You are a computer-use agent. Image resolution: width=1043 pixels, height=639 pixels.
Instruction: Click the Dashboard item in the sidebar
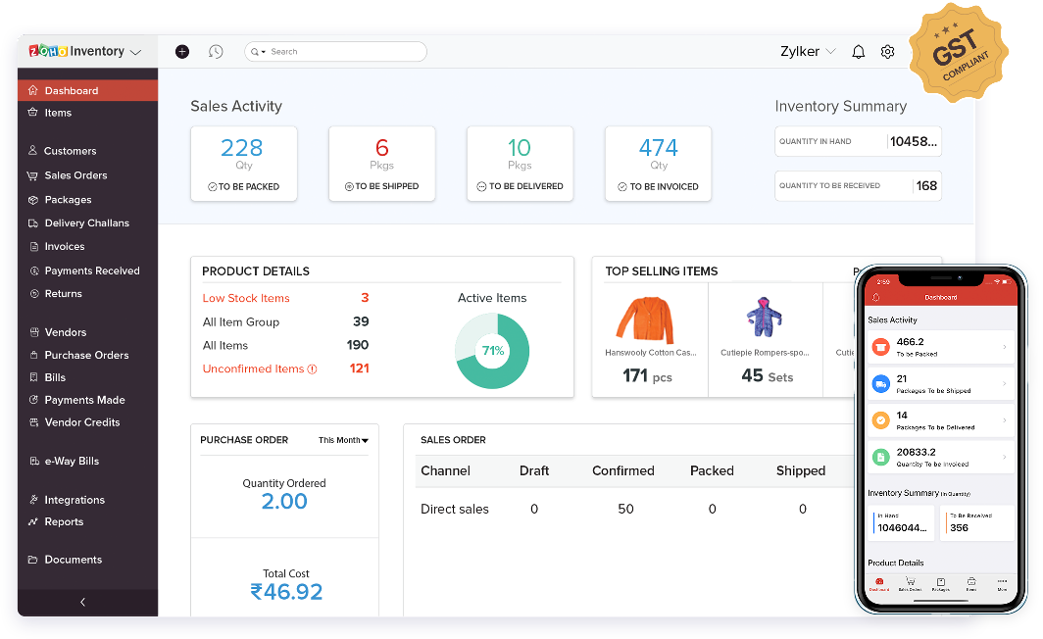71,90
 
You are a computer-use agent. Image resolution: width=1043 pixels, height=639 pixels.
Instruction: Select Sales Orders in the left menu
75,175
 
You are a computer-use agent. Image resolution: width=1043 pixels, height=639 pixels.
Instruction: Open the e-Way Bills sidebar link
72,461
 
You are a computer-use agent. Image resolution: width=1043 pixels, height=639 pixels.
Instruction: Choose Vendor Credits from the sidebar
81,422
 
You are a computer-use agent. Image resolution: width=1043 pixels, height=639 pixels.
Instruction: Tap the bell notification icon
859,52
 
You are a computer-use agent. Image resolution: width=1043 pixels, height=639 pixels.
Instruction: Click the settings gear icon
887,52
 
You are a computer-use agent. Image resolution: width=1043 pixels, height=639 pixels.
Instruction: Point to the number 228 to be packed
241,148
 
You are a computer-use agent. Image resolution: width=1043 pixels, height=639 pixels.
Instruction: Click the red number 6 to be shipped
382,148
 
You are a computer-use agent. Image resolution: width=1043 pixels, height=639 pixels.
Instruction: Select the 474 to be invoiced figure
658,148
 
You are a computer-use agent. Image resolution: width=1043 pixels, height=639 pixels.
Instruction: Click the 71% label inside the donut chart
492,350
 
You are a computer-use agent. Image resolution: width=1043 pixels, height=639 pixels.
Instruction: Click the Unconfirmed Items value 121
359,369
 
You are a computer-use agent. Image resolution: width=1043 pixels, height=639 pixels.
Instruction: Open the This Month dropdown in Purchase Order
343,440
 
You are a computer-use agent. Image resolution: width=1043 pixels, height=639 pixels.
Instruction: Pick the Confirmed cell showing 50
625,509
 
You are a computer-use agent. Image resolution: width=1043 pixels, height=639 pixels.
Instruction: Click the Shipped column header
801,470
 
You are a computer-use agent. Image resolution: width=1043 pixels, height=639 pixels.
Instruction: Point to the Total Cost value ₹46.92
286,591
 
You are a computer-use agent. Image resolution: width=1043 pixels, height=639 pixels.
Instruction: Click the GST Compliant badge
959,53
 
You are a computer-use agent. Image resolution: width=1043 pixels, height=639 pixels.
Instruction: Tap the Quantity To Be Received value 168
926,185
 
